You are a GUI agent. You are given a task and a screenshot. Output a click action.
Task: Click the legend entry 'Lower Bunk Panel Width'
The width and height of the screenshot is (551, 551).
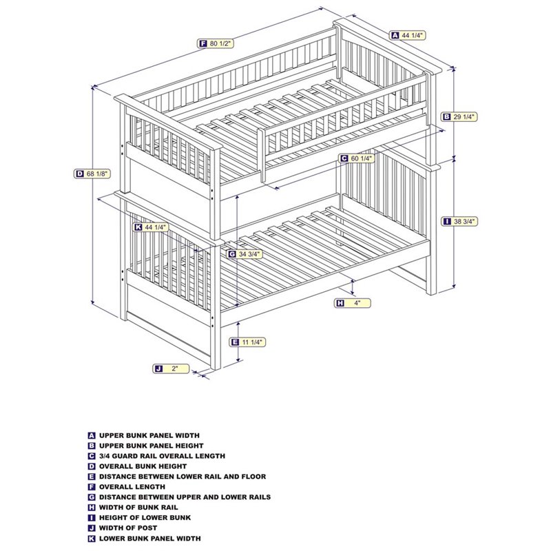150,539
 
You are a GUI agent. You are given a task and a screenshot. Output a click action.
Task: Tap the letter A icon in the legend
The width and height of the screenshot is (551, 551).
92,435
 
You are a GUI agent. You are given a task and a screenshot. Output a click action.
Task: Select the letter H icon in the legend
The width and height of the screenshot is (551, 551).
92,508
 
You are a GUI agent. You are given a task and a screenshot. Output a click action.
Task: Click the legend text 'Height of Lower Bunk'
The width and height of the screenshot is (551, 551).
145,518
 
